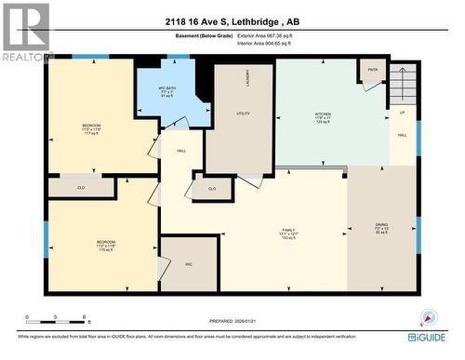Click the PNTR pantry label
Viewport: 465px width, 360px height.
(373, 70)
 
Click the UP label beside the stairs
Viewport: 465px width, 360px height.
(402, 113)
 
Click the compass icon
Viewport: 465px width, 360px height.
(429, 316)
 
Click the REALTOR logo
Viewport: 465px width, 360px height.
(25, 33)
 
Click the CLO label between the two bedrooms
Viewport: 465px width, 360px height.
(80, 188)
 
